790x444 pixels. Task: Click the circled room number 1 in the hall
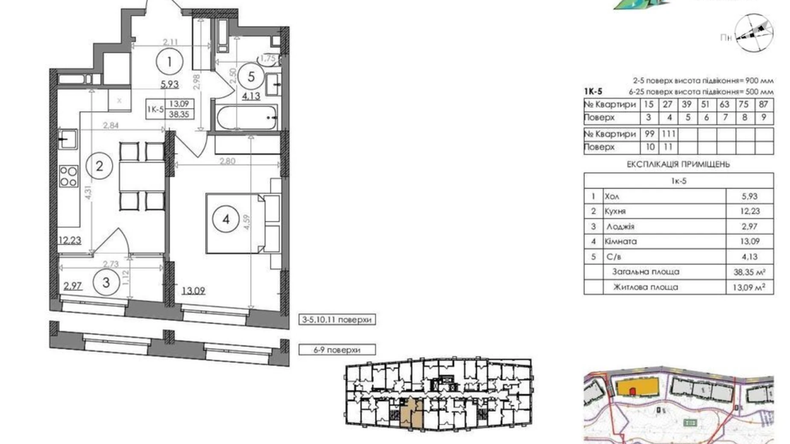(x=170, y=62)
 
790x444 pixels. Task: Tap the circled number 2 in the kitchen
(x=99, y=166)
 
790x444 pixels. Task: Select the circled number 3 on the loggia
(x=106, y=282)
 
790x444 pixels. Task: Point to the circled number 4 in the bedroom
(x=226, y=219)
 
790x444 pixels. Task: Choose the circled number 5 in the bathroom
(x=251, y=77)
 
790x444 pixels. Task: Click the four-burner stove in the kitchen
(x=69, y=176)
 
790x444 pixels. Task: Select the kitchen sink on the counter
(x=68, y=139)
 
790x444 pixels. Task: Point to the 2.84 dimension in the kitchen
(x=111, y=126)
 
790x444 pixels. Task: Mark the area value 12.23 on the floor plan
(x=70, y=240)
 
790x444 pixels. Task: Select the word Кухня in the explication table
(x=615, y=211)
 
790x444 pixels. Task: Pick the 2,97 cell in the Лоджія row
(x=749, y=226)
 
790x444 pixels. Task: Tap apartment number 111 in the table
(x=668, y=134)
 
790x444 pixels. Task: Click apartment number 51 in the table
(x=706, y=104)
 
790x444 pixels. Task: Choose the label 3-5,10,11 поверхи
(x=337, y=319)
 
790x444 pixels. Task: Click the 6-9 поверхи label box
(x=337, y=350)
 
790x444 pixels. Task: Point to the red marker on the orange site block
(x=632, y=391)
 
